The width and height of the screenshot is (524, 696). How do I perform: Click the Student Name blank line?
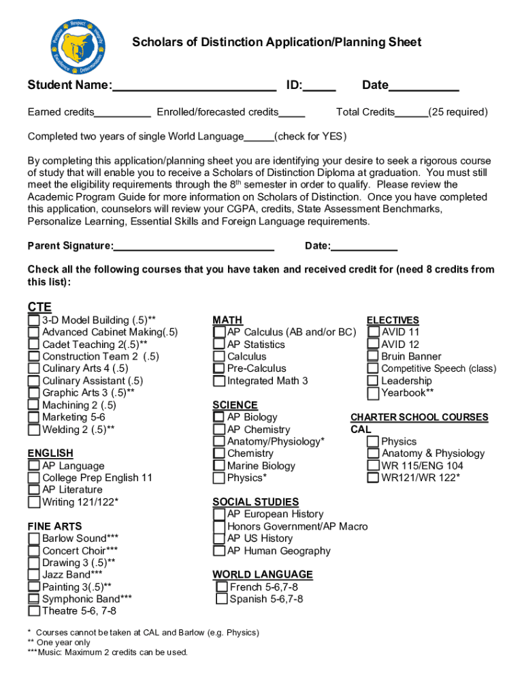click(194, 86)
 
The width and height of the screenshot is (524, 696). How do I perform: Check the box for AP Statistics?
click(219, 345)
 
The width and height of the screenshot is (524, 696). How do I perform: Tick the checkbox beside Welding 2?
click(33, 430)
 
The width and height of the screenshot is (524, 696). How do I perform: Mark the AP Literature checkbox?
click(33, 490)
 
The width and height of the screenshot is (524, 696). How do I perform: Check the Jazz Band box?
click(33, 575)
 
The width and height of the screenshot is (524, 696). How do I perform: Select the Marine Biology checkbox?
click(219, 466)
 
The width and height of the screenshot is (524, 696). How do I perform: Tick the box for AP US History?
click(219, 538)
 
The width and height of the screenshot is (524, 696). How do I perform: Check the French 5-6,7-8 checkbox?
click(222, 587)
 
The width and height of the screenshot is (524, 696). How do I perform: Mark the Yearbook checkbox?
click(373, 393)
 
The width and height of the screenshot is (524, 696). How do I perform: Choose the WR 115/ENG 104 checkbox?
click(373, 466)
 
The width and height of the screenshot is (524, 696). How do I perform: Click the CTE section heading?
click(39, 307)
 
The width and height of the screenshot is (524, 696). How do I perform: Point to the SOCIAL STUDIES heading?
click(255, 502)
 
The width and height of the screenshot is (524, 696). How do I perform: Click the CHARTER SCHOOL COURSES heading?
click(419, 417)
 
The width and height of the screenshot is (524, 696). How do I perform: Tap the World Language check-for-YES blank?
click(259, 137)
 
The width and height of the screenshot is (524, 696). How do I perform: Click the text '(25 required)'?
click(458, 112)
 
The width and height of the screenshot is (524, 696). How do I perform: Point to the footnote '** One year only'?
click(59, 642)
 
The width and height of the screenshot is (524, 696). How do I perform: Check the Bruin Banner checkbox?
click(373, 356)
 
